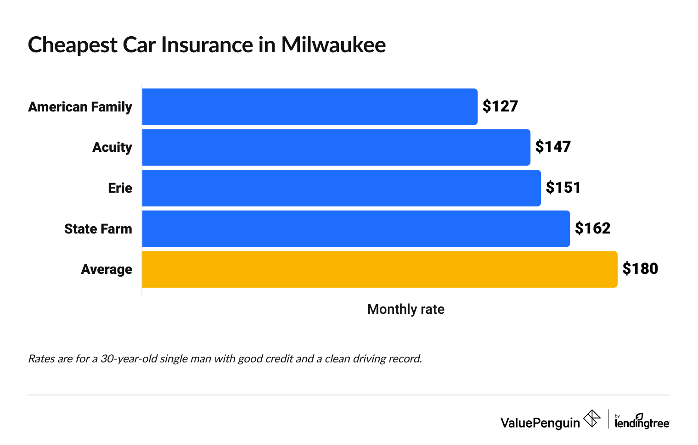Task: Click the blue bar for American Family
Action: tap(310, 106)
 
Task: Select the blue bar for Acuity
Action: tap(336, 147)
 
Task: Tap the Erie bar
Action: tap(342, 188)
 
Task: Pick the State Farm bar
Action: tap(356, 228)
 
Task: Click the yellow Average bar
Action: tap(380, 269)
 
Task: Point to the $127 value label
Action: tap(500, 106)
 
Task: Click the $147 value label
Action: tap(553, 147)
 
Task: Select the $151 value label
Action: tap(563, 188)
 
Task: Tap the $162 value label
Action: tap(593, 228)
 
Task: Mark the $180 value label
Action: tap(640, 269)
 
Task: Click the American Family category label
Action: tap(80, 107)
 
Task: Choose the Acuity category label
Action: tap(112, 147)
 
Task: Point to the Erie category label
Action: tap(120, 188)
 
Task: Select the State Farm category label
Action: tap(98, 229)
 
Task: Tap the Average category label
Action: tap(107, 269)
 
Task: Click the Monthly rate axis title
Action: tap(405, 309)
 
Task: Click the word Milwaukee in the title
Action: tap(333, 45)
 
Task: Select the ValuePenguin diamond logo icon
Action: tap(591, 419)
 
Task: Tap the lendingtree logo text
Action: tap(642, 423)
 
